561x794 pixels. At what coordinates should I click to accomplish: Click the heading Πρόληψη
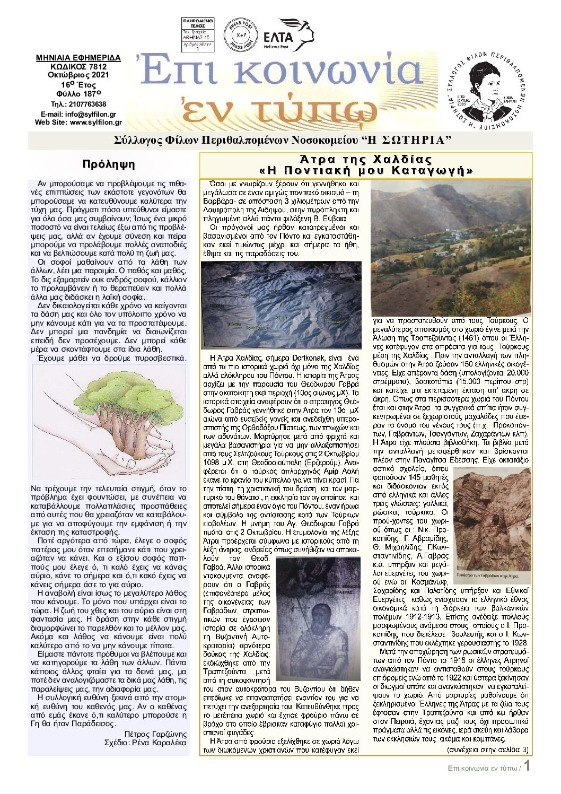click(x=109, y=164)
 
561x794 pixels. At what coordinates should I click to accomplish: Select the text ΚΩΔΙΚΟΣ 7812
click(x=78, y=67)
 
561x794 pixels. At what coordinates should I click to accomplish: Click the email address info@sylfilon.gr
click(x=91, y=115)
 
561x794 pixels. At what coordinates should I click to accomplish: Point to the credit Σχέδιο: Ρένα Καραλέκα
click(x=145, y=743)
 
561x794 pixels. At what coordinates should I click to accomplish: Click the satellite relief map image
click(x=280, y=305)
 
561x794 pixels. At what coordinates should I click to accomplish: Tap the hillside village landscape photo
click(x=450, y=247)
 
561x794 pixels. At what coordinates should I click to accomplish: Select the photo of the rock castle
click(x=493, y=519)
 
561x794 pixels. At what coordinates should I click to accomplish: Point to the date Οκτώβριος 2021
click(x=78, y=75)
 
